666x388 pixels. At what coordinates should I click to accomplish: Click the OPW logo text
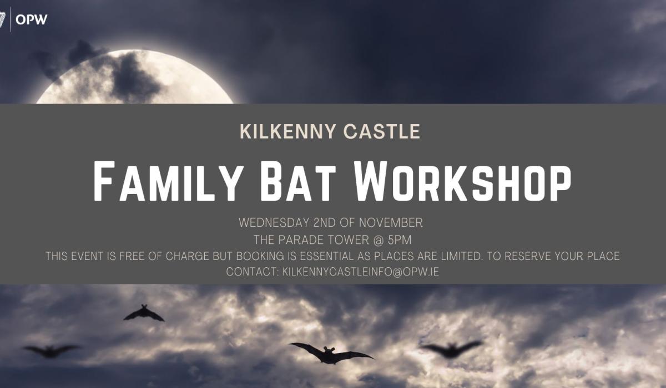coord(32,19)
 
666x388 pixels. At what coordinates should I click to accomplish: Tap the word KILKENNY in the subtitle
coord(288,131)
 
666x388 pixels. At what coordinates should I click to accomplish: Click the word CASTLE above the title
coord(382,131)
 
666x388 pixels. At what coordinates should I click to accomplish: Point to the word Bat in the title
coord(297,181)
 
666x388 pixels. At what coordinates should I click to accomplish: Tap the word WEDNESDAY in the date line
coord(274,223)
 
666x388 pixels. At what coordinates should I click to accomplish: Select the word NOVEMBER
coord(391,223)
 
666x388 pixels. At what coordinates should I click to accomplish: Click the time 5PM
coord(400,240)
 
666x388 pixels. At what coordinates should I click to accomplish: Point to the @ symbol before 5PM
coord(378,240)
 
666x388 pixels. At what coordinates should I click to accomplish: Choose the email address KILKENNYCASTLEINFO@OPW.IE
coord(360,272)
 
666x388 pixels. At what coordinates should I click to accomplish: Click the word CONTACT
coord(252,272)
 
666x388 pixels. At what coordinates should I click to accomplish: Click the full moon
coord(135,76)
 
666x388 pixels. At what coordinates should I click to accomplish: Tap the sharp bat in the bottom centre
coord(331,354)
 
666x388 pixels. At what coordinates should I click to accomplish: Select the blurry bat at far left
coord(51,351)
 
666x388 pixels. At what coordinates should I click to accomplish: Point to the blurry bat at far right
coord(451,349)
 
